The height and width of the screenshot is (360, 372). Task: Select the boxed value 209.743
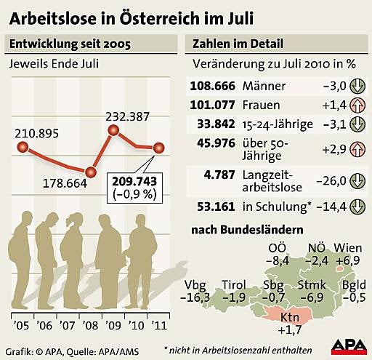pyautogui.click(x=138, y=180)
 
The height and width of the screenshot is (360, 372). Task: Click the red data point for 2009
pyautogui.click(x=113, y=131)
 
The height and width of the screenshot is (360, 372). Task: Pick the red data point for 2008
pyautogui.click(x=90, y=172)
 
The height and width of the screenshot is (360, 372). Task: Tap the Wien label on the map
pyautogui.click(x=347, y=248)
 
